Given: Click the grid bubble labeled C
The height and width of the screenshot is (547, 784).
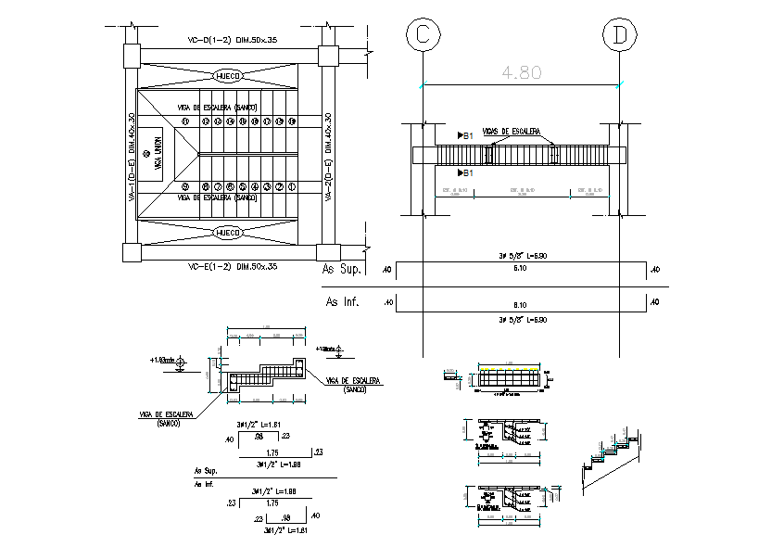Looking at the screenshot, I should tap(423, 35).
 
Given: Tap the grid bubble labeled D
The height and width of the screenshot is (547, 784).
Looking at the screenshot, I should tap(619, 35).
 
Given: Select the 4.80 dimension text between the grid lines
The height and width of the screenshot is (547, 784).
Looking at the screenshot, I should tap(521, 72).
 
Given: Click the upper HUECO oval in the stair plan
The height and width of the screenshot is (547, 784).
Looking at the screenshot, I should tap(228, 75).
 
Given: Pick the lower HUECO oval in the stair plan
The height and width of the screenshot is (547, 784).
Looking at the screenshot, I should tap(228, 232).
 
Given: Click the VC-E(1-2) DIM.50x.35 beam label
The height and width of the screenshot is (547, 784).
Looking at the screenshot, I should tap(232, 266).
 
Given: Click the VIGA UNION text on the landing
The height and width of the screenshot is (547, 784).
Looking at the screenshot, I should tap(158, 154).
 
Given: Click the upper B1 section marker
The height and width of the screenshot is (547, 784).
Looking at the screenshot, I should tap(466, 136).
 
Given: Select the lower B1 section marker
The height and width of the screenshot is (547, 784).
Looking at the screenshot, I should tap(466, 173).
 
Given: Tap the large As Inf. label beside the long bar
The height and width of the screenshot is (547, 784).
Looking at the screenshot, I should tap(342, 301).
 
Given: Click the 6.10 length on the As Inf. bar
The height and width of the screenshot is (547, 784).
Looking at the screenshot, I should tap(520, 304).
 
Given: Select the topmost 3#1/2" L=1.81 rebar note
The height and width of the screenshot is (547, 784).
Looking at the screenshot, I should tap(258, 424).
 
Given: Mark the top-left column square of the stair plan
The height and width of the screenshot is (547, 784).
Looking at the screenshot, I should tap(130, 55).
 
